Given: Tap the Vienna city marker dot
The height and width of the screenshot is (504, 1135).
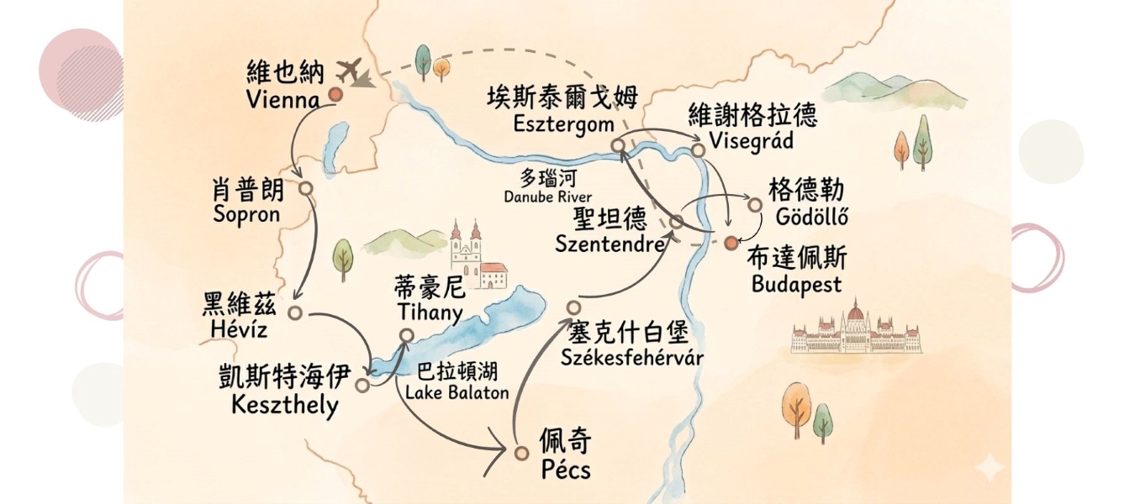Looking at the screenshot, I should point(335,95).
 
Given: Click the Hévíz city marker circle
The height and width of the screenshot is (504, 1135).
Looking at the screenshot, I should point(294,312).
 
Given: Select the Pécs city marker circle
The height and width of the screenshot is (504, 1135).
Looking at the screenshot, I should point(521,453).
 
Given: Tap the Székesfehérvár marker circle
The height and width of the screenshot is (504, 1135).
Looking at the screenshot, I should point(573,307).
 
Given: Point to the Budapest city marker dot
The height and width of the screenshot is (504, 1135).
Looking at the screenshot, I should point(731,243).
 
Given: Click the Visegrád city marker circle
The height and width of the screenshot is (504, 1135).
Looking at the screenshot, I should point(697,150).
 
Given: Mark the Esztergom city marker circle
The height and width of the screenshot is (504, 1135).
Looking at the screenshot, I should point(617,145).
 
